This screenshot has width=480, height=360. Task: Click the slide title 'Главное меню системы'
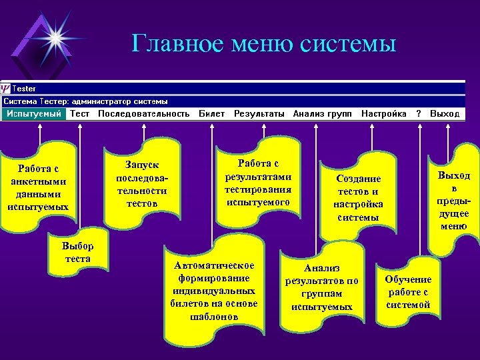(264, 44)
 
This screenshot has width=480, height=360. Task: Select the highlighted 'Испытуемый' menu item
(33, 114)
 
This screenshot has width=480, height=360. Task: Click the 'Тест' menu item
(80, 114)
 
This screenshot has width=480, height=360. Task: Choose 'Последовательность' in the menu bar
(144, 114)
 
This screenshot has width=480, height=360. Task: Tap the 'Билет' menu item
(211, 114)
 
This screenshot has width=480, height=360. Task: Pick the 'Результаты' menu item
(259, 114)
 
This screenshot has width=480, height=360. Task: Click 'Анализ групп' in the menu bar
(323, 114)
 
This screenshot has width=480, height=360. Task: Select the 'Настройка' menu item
(384, 114)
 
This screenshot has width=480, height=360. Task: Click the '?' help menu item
(419, 114)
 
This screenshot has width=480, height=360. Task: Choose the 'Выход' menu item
(445, 114)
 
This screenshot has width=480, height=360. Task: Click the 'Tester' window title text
(25, 89)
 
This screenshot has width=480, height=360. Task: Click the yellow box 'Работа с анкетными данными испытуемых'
(38, 187)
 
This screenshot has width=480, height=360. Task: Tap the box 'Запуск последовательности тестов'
(141, 183)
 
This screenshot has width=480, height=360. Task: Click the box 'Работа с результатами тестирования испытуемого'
(257, 182)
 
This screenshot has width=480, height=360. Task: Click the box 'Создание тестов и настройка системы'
(358, 198)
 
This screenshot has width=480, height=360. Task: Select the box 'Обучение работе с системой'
(408, 291)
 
